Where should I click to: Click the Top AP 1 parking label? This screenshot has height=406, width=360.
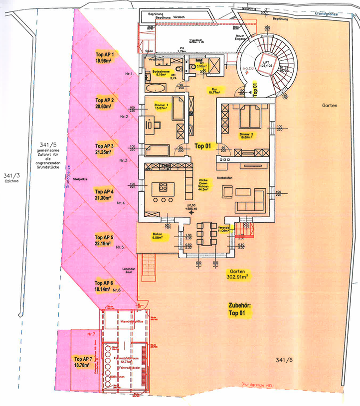(105, 58)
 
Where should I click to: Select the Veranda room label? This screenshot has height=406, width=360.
(223, 229)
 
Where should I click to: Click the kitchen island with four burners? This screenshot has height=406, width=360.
(163, 187)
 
